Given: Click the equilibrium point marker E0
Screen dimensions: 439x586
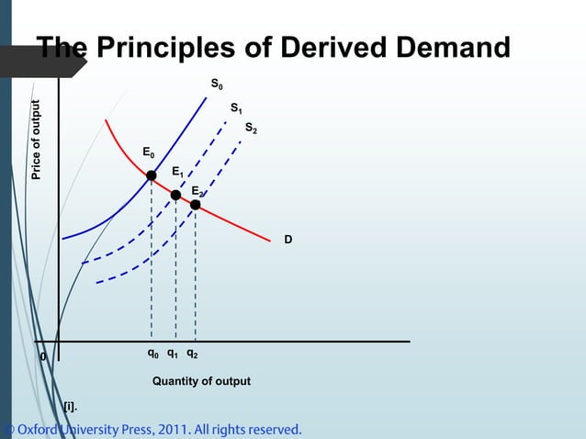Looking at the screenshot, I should [152, 174].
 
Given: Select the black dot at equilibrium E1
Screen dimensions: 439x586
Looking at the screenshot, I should [175, 194].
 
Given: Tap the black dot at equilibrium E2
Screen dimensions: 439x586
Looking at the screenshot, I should [196, 205].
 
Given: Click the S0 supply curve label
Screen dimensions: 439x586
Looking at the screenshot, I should [216, 84].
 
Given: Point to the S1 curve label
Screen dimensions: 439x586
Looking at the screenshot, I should [236, 108].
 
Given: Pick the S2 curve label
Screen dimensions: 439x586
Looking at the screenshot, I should [251, 130].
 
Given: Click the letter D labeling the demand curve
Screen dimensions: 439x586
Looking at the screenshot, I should [287, 239].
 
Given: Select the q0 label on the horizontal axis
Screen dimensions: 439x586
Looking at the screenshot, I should [152, 353].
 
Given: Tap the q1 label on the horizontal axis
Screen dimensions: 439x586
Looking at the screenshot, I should [173, 353].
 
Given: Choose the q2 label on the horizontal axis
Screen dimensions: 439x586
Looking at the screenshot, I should [192, 353].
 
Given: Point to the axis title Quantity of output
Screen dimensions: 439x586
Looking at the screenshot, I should [201, 381].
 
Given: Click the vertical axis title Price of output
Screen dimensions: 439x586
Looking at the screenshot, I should [37, 140].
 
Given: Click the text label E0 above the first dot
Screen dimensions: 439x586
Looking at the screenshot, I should [148, 152].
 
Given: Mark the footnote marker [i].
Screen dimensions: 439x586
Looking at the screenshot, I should [70, 405].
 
